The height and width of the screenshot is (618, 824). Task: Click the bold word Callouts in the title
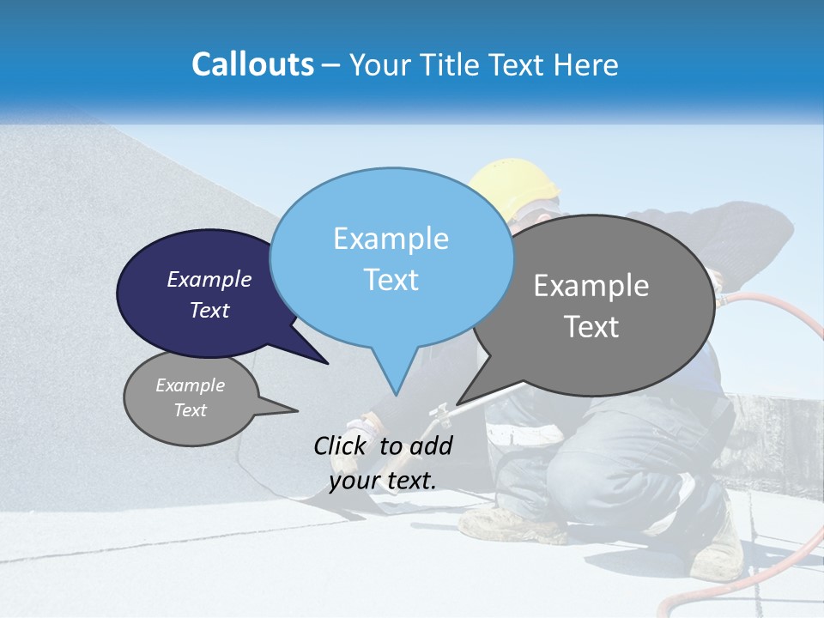(252, 64)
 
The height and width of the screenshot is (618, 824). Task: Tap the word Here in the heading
(586, 64)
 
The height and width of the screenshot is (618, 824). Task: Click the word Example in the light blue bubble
(391, 239)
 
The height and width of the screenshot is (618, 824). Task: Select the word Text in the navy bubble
(209, 310)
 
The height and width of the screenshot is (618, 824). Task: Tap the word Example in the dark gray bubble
(591, 286)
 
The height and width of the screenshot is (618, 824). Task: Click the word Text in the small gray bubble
(190, 410)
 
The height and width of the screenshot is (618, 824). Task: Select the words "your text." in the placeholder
(383, 481)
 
